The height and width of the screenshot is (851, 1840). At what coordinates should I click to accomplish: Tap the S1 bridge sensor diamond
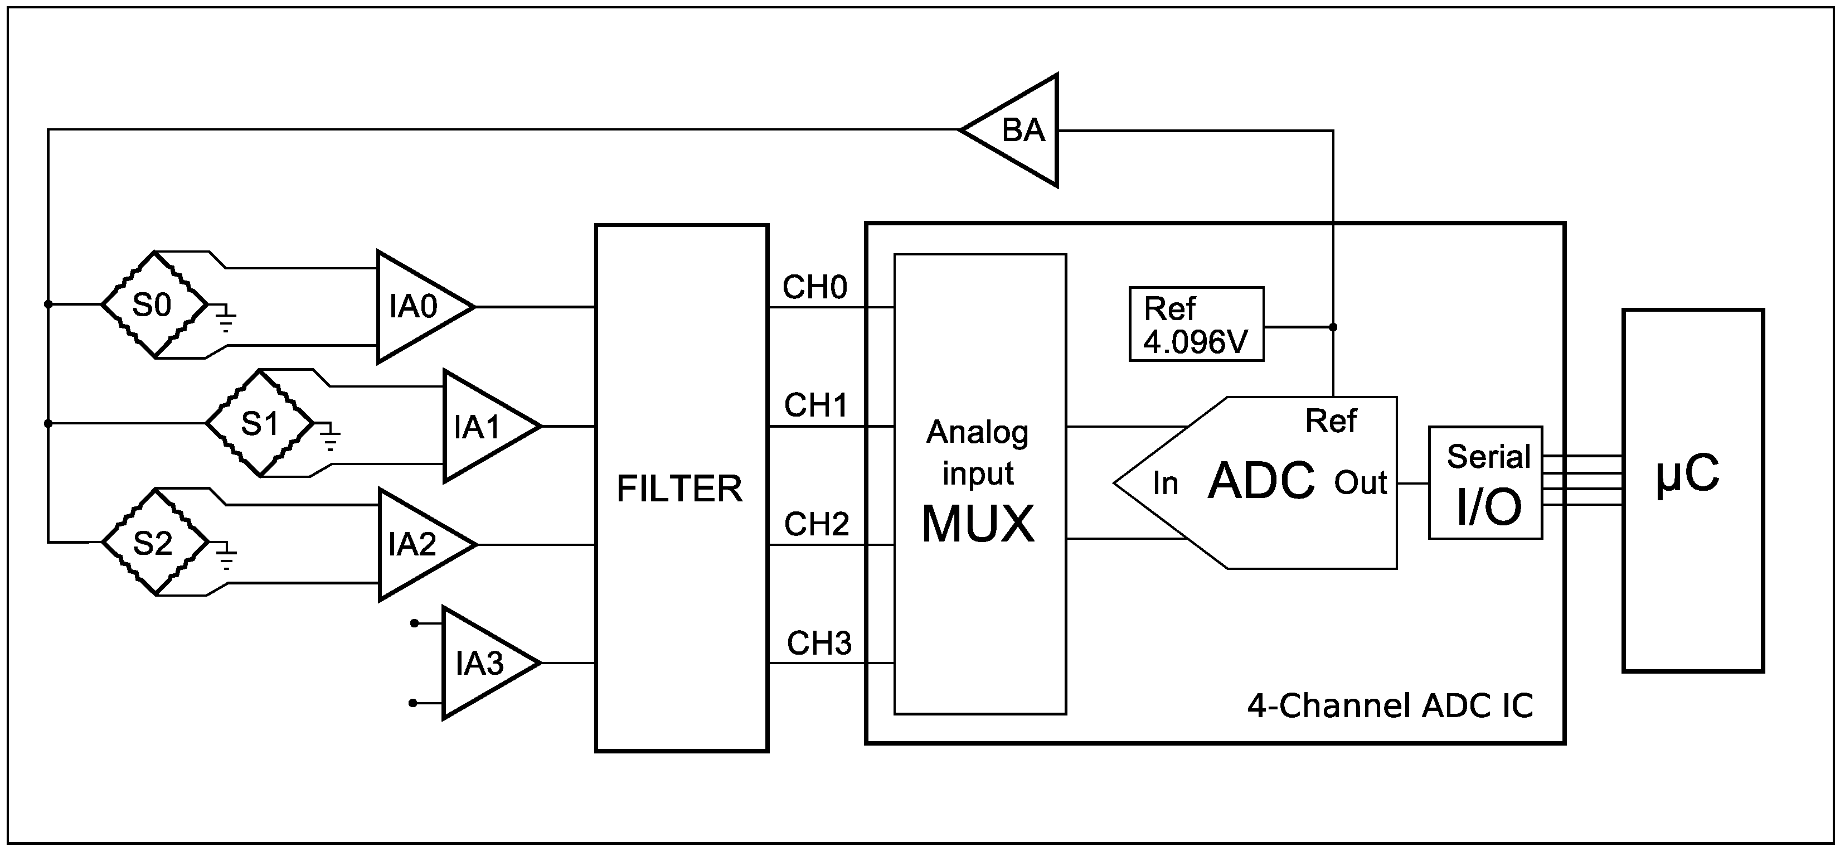(x=259, y=424)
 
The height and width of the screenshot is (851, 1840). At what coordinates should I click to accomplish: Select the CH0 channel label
(x=815, y=287)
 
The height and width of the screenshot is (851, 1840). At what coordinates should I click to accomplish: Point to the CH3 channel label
(x=819, y=644)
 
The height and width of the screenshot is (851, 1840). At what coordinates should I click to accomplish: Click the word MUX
(x=978, y=524)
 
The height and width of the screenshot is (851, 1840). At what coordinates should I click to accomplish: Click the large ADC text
(x=1261, y=481)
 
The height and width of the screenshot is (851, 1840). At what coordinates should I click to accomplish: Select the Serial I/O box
(x=1485, y=483)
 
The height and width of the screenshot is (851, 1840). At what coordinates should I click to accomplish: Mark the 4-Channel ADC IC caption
(x=1390, y=707)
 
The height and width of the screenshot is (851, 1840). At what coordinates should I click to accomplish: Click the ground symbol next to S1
(x=329, y=437)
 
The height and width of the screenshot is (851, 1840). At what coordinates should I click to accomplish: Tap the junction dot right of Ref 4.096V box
(x=1333, y=327)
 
